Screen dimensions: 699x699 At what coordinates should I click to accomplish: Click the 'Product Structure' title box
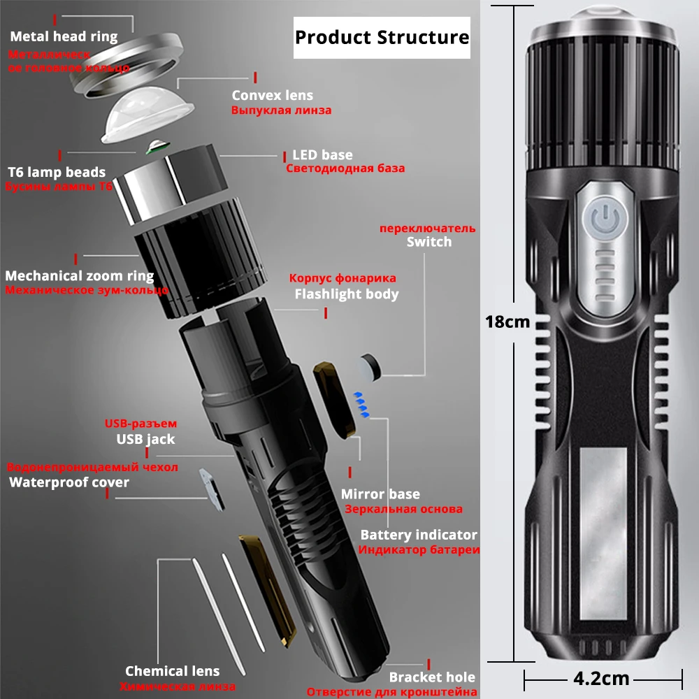click(382, 37)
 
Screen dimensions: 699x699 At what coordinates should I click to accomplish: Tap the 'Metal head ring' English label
click(64, 36)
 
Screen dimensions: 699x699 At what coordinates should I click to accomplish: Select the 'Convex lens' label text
click(273, 95)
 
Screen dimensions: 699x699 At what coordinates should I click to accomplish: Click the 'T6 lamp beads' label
click(57, 172)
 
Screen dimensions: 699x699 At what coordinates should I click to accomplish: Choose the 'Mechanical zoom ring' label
click(80, 275)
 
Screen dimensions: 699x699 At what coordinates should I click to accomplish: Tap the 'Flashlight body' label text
click(346, 294)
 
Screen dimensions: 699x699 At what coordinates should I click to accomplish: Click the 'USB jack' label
click(145, 439)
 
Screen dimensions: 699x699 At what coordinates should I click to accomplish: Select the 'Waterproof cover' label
click(69, 482)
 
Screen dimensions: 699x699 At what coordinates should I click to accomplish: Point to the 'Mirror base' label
click(380, 494)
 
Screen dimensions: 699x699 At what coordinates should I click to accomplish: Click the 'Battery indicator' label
click(419, 535)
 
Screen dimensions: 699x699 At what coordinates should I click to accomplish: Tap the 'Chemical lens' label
click(172, 672)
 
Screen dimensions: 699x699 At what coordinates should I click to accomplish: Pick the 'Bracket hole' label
click(432, 677)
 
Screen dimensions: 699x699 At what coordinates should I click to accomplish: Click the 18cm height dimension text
click(508, 322)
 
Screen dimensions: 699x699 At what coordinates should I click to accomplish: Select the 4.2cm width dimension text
click(601, 678)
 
